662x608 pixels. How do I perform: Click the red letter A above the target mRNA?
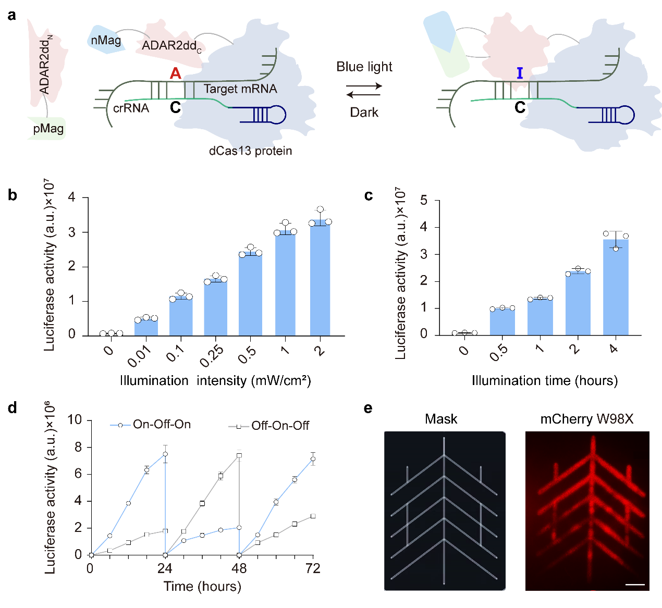point(176,73)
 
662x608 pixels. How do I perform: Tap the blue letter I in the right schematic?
point(520,73)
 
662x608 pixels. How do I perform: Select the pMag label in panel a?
point(48,129)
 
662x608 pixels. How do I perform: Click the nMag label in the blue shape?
point(106,41)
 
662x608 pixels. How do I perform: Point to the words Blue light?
point(364,67)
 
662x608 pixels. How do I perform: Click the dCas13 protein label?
point(250,151)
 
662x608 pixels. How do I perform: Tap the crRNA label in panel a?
point(131,108)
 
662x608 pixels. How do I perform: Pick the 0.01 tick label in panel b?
point(139,355)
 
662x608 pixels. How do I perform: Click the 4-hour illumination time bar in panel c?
point(616,287)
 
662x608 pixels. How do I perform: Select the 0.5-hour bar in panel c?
point(502,321)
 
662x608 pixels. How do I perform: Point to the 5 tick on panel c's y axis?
point(424,201)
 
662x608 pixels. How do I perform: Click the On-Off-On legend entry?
point(162,425)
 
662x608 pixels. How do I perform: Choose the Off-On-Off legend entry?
point(280,426)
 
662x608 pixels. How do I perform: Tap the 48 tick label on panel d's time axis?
point(239,568)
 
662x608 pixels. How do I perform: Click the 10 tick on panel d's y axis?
point(75,420)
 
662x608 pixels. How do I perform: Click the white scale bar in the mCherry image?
point(635,585)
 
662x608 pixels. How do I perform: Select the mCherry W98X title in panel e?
point(587,419)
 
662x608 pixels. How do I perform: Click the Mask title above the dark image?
point(441,419)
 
